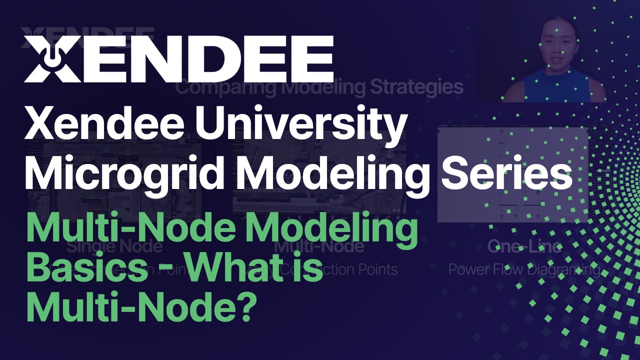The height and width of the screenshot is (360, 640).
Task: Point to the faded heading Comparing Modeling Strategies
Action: [x=319, y=88]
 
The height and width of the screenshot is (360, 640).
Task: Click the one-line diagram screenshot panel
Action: [x=512, y=174]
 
